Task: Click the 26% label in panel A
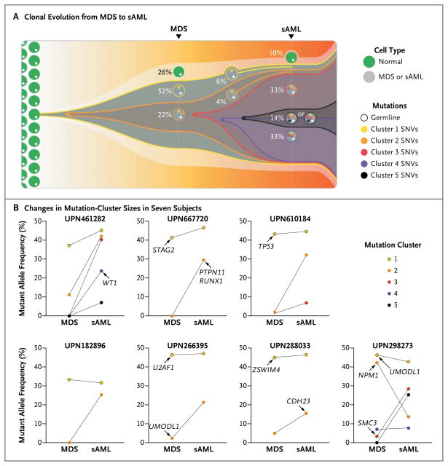coord(163,71)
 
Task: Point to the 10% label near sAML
coord(275,53)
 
